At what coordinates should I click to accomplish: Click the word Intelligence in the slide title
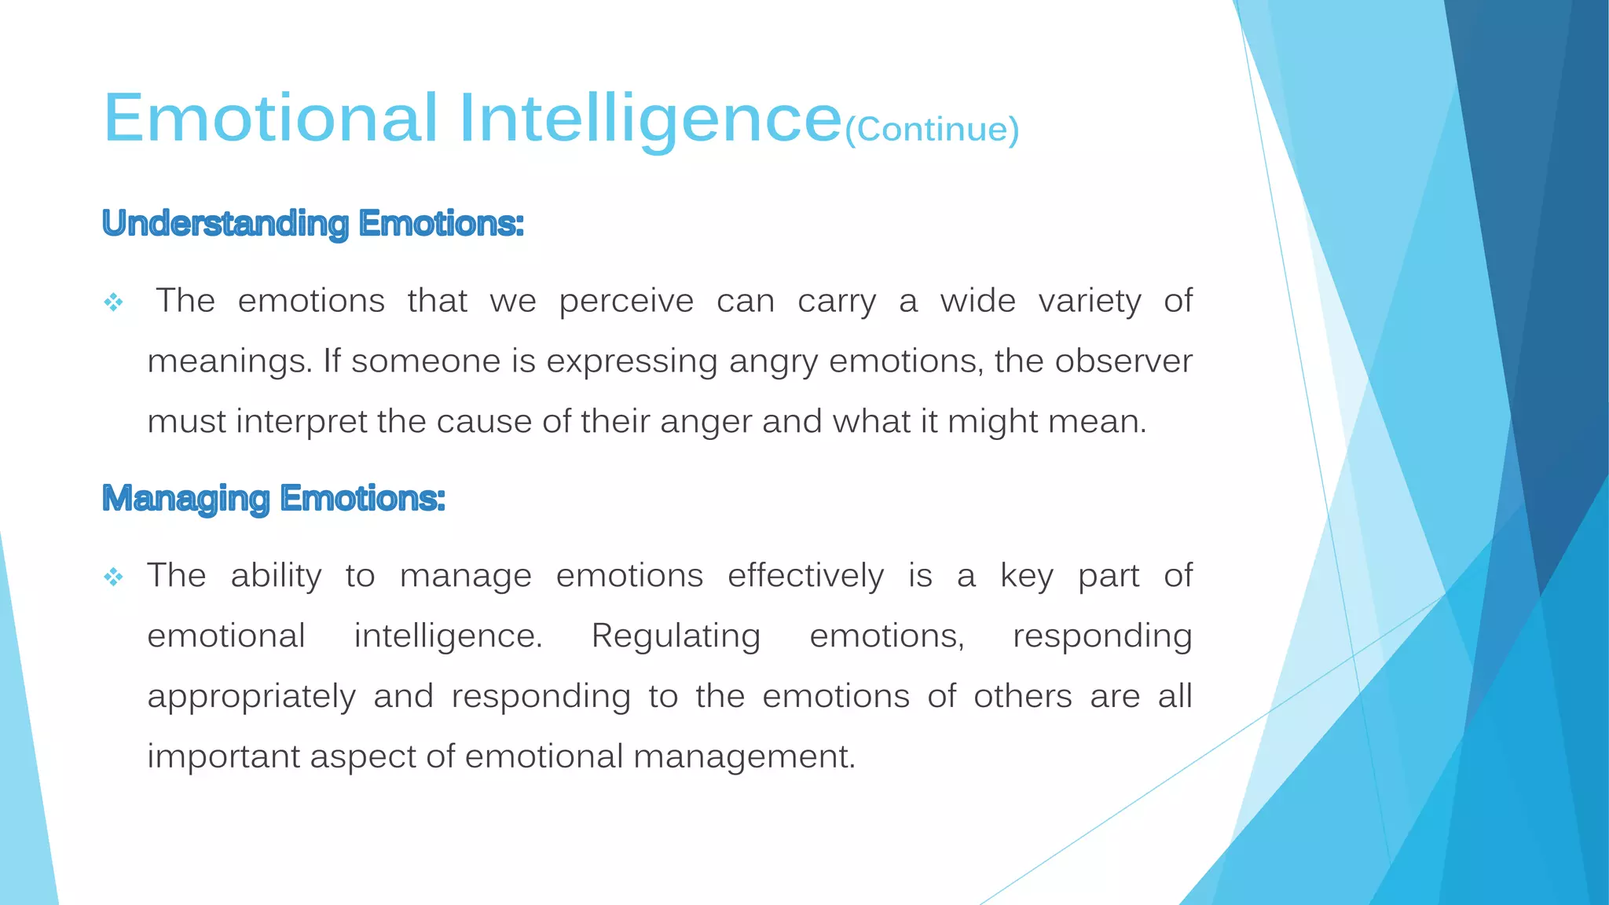[650, 119]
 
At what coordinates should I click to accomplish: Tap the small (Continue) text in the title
[931, 130]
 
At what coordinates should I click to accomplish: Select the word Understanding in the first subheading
[225, 224]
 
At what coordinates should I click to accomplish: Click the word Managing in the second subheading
[186, 499]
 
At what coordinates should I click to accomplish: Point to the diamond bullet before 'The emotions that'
[114, 302]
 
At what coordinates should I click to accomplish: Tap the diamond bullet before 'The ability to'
[114, 578]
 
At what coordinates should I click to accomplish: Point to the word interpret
[302, 423]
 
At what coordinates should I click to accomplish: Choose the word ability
[276, 577]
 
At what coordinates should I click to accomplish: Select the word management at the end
[743, 757]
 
